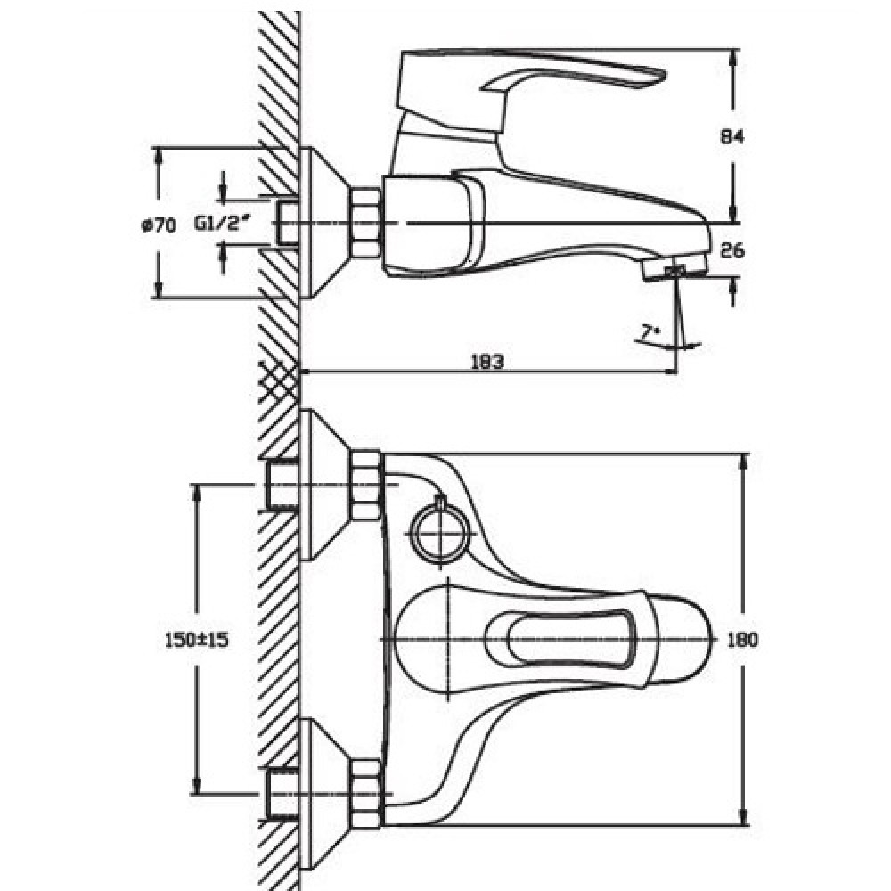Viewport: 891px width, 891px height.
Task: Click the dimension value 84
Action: point(732,137)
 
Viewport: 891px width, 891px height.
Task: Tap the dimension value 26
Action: point(732,250)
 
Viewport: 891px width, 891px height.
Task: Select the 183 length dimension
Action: point(487,362)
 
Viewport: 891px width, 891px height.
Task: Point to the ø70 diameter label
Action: point(159,225)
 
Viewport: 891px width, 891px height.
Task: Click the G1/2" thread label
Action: point(223,224)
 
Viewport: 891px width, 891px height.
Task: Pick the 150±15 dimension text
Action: point(197,640)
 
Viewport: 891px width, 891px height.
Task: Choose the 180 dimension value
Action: point(743,640)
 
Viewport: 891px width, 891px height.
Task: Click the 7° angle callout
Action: point(644,333)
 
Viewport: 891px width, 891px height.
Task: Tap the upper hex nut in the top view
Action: point(366,486)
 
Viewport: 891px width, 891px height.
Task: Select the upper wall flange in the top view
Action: point(325,485)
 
